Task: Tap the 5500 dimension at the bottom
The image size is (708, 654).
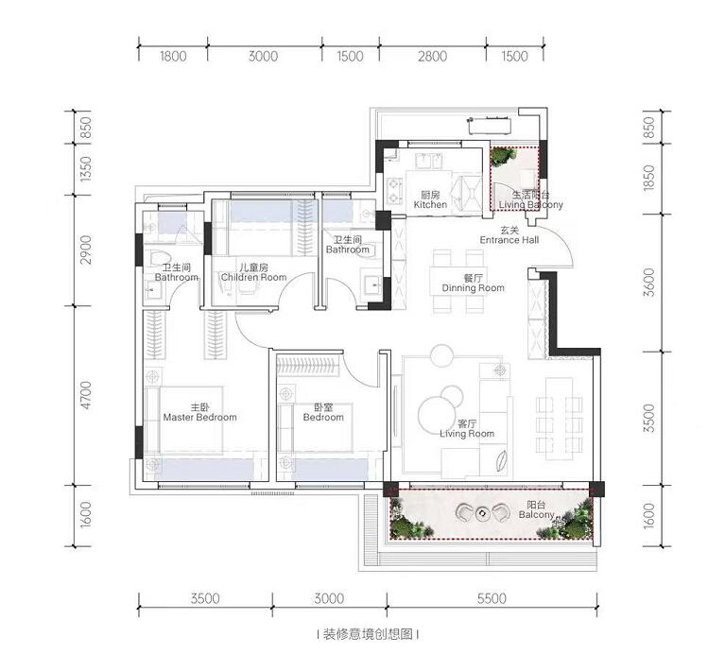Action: [x=492, y=598]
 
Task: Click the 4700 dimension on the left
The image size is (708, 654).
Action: [x=85, y=395]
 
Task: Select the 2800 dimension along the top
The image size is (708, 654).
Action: [x=432, y=57]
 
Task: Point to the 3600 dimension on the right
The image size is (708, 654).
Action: [x=648, y=282]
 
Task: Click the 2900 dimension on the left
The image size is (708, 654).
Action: [x=85, y=250]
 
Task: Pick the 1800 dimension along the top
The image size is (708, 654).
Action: [x=173, y=57]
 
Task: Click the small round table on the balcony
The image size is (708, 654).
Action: [x=483, y=513]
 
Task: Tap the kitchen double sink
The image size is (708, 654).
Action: [x=428, y=161]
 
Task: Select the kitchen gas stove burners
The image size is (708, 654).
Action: [x=394, y=191]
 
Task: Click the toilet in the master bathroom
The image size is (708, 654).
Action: [x=159, y=258]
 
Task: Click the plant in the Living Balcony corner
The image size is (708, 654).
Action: [x=503, y=156]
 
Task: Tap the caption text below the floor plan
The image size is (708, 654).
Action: [x=368, y=634]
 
